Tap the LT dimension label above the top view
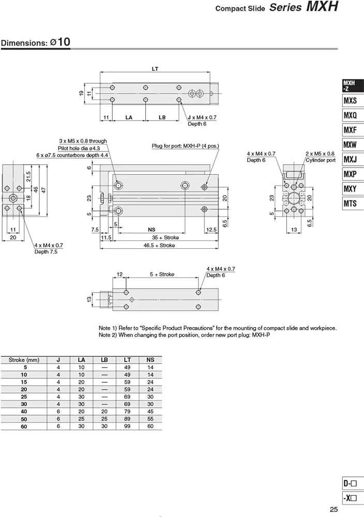[155, 69]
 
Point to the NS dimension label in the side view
[151, 230]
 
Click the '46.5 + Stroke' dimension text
[159, 245]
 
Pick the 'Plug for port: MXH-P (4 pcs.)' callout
[185, 146]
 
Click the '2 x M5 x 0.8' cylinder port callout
[320, 154]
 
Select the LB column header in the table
[104, 360]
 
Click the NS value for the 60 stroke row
[150, 427]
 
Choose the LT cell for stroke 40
[127, 412]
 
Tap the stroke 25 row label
[24, 397]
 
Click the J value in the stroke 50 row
[58, 419]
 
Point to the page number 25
[334, 509]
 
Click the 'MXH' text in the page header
[323, 7]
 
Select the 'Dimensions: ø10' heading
[36, 42]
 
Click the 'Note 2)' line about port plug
[185, 335]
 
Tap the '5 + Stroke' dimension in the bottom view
[162, 275]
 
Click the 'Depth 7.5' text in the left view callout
[46, 252]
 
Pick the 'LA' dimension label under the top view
[129, 117]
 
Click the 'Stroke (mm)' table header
[24, 360]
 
